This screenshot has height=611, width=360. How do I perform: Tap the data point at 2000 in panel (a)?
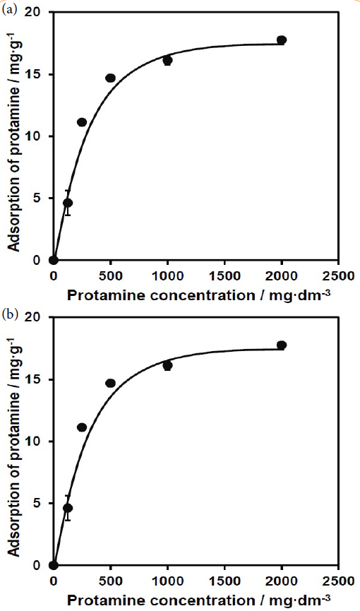pos(282,40)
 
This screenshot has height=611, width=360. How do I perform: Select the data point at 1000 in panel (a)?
pos(167,61)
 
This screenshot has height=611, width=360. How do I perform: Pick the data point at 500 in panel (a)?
pos(110,78)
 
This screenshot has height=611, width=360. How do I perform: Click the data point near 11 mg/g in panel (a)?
pos(82,122)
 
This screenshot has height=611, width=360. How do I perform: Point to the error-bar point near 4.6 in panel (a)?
pos(68,203)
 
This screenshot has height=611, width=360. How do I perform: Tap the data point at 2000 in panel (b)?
pos(282,345)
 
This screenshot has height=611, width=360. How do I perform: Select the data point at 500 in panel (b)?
pos(110,383)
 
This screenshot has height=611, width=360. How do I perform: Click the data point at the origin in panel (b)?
pos(54,565)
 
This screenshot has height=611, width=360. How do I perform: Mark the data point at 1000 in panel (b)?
pos(167,366)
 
